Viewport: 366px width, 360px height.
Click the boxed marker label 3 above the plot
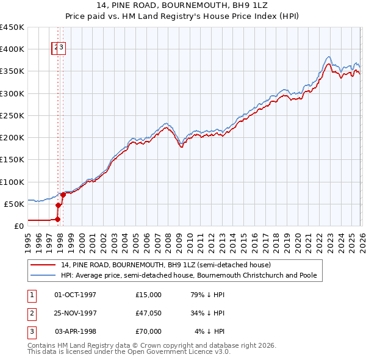[x=62, y=49]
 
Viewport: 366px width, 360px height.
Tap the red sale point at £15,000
[x=58, y=219]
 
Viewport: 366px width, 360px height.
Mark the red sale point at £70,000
[x=63, y=195]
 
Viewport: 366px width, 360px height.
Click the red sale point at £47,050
[x=59, y=205]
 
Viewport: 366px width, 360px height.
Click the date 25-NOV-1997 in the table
[x=76, y=313]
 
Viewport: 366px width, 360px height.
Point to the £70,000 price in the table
[x=149, y=331]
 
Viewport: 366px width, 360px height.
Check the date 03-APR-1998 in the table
[x=76, y=331]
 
